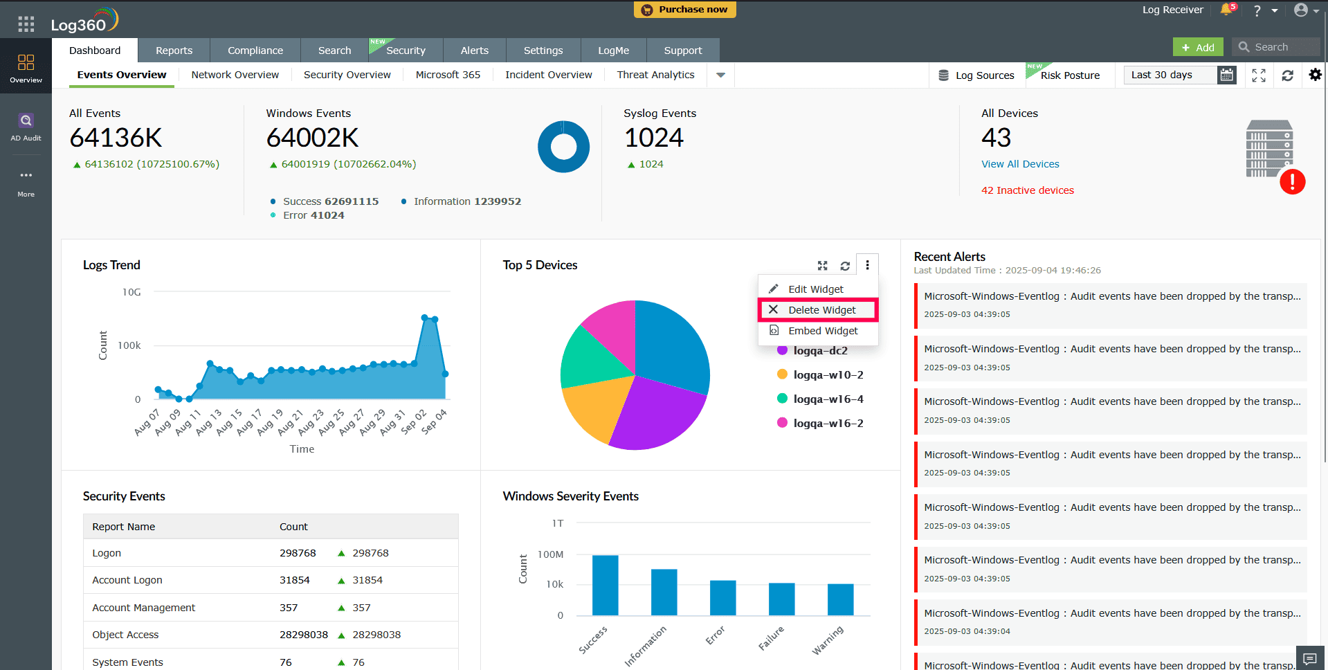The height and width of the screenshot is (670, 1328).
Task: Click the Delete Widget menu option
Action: [x=821, y=310]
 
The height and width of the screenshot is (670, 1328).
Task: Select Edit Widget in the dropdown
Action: [x=815, y=289]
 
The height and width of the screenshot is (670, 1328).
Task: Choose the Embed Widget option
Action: [x=822, y=331]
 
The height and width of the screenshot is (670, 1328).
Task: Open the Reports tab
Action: [x=174, y=51]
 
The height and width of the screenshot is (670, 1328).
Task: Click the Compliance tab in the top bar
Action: [x=255, y=51]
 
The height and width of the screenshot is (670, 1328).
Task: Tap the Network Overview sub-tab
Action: [x=235, y=75]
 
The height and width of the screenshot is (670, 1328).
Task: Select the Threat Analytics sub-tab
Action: [x=655, y=75]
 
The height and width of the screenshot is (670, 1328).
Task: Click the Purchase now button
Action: [x=685, y=10]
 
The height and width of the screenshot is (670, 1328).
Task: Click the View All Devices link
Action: [x=1020, y=164]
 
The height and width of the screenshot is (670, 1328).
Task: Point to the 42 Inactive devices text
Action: [x=1027, y=190]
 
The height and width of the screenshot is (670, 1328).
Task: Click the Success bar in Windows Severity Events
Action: [x=606, y=585]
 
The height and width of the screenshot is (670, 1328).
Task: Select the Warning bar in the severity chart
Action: [x=840, y=599]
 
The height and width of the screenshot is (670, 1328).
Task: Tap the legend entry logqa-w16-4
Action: [x=828, y=399]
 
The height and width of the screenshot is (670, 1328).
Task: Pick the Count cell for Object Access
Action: [x=303, y=635]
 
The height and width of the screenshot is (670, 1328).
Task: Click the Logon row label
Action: [x=107, y=553]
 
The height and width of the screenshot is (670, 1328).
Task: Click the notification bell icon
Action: [x=1226, y=10]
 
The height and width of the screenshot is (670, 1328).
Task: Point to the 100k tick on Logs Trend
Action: [x=129, y=345]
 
